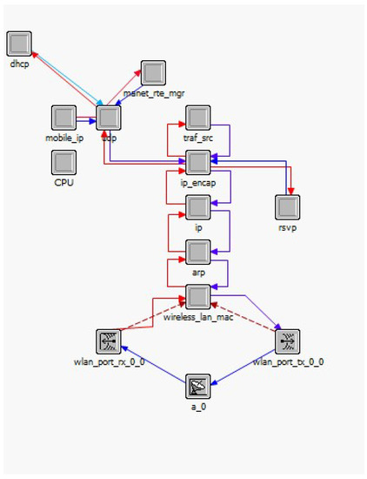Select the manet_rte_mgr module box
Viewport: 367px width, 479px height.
153,72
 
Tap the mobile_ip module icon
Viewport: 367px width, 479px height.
63,117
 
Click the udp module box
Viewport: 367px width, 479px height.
109,117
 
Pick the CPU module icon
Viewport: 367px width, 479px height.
63,162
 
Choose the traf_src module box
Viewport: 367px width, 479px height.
198,117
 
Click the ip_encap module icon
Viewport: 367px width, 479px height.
198,162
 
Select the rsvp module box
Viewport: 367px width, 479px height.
288,207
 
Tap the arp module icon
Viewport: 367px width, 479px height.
198,253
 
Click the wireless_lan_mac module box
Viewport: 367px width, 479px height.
198,298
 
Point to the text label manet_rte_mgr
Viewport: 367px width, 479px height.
154,92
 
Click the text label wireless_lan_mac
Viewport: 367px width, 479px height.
198,317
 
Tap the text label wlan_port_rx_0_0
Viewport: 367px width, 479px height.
109,361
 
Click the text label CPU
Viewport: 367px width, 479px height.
63,181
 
